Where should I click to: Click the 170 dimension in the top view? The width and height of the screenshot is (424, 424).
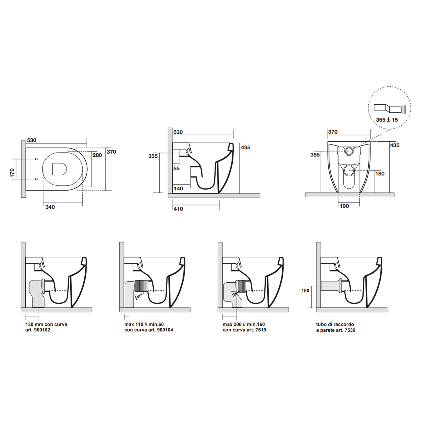pos(12,173)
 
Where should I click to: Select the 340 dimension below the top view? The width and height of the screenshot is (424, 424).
pos(50,207)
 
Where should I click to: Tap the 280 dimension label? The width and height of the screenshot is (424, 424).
pos(97,155)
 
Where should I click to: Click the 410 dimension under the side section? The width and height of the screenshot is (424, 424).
pos(178,209)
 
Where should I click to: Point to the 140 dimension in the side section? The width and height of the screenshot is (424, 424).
pos(178,189)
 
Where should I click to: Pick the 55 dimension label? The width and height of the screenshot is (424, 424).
pos(176,169)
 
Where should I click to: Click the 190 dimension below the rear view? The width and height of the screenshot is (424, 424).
pos(344,206)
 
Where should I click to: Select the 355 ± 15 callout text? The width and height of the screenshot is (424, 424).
pos(387,120)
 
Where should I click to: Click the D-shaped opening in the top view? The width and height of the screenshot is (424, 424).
pos(59,169)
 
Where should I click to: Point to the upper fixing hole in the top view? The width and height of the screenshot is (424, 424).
pos(36,159)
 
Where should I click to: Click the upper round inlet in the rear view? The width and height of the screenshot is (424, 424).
pos(349,151)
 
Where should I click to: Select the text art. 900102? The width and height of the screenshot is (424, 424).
pos(38,330)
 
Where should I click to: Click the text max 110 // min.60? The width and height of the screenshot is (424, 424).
pos(144,325)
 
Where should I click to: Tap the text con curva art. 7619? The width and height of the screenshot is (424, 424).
pos(244,330)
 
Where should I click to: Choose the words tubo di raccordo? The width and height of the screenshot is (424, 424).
pos(335,325)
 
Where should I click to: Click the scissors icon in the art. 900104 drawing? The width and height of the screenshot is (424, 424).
pos(139,297)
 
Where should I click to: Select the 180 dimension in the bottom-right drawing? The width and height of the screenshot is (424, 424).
pos(305,291)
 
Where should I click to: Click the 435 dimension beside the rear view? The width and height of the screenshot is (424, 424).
pos(395,145)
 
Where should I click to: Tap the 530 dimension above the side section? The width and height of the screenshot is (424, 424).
pos(178,132)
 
